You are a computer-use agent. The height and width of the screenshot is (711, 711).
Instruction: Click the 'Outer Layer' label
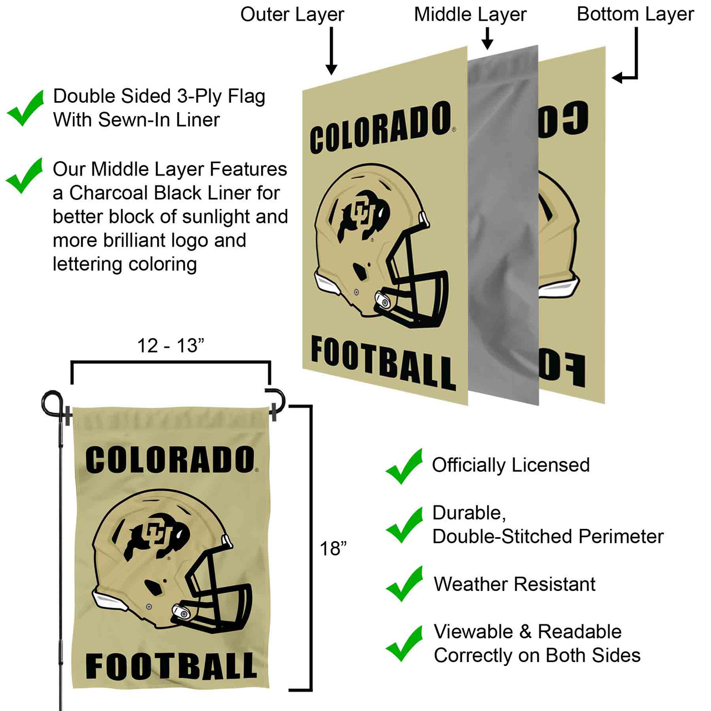292,15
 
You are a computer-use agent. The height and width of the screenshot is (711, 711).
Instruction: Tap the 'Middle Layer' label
470,15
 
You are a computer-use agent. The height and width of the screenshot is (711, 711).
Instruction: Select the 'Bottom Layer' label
635,15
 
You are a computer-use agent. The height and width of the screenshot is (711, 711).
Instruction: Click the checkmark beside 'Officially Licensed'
404,466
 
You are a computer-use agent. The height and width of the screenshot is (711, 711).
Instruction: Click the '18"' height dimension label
333,549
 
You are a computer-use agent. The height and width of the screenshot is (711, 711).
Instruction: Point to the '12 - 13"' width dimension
171,346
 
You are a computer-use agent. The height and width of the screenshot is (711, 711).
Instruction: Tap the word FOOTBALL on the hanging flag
171,667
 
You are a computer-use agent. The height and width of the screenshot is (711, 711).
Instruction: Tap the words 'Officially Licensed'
510,465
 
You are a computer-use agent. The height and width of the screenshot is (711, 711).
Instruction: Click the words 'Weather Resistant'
514,584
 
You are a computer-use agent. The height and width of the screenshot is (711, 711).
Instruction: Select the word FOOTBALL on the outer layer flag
383,362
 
